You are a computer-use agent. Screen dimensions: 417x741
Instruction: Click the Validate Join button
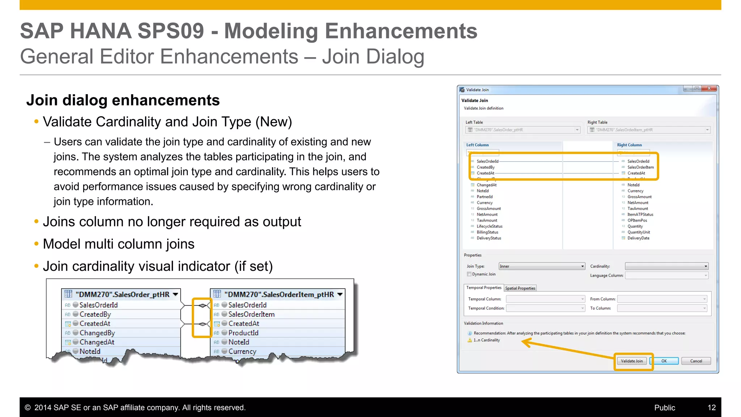[x=632, y=361]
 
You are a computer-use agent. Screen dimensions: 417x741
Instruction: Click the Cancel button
[x=696, y=361]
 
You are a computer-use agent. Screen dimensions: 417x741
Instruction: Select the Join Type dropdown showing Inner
[x=542, y=266]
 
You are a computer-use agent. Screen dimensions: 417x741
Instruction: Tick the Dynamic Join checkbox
[x=469, y=274]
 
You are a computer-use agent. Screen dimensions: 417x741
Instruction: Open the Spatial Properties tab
[x=520, y=288]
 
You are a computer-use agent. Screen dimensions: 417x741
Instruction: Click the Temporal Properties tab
[x=483, y=288]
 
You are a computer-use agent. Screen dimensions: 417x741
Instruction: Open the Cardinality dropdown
[x=666, y=266]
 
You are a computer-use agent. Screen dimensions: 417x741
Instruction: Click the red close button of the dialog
[x=709, y=89]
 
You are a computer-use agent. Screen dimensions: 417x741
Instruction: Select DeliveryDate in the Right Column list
[x=638, y=238]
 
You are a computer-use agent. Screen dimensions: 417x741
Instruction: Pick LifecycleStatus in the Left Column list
[x=489, y=226]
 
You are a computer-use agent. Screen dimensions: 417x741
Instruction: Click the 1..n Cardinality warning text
[x=487, y=340]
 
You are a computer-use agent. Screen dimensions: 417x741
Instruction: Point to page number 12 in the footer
[x=711, y=408]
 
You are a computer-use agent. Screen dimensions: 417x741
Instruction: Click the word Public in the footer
[x=664, y=408]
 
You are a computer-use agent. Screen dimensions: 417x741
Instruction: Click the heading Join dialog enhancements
[x=123, y=100]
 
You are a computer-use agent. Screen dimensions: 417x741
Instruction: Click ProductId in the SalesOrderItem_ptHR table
[x=243, y=333]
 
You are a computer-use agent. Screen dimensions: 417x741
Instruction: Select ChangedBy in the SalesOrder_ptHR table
[x=97, y=333]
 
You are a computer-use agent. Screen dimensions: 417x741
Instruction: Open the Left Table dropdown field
[x=523, y=130]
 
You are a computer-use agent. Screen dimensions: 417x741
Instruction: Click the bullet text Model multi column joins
[x=118, y=244]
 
